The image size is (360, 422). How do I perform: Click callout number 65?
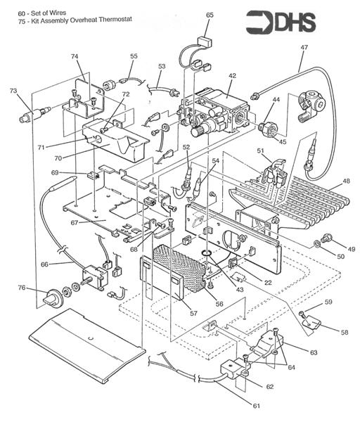coord(210,15)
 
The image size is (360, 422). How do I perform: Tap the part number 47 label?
coord(304,47)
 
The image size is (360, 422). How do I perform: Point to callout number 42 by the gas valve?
coord(231,75)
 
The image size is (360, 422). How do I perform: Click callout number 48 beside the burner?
coord(345,181)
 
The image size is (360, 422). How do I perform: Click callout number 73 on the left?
coord(13,91)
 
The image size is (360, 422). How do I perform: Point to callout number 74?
coord(75,56)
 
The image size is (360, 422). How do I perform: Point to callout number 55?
coord(134,56)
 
